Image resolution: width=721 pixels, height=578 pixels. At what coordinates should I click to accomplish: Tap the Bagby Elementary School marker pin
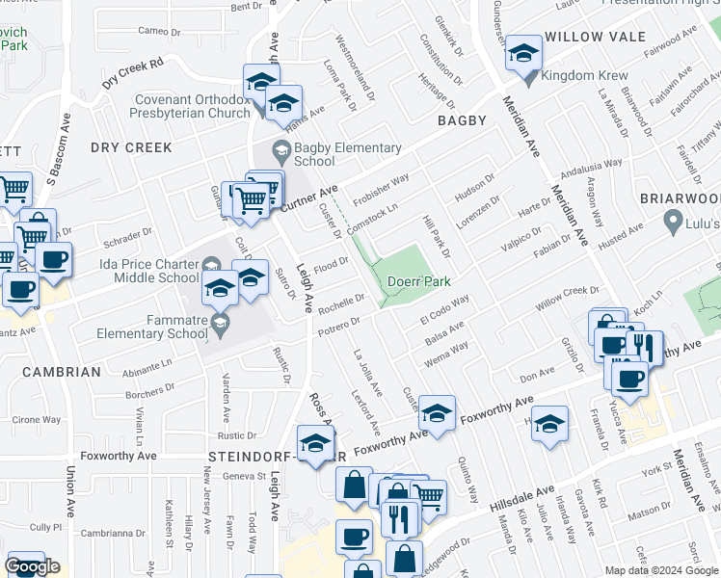(280, 150)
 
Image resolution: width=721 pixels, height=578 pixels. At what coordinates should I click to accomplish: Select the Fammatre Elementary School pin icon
(221, 323)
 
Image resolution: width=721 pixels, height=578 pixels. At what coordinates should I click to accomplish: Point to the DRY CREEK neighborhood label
(131, 147)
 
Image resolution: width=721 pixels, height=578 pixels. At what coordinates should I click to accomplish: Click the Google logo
(32, 566)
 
